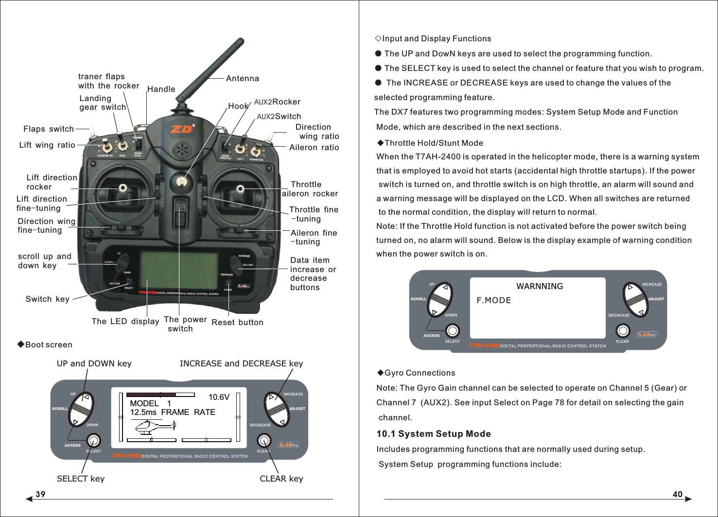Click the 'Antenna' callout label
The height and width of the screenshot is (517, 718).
pos(242,79)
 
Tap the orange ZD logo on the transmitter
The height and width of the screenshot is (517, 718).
pos(182,129)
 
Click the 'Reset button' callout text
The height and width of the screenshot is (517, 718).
pos(237,323)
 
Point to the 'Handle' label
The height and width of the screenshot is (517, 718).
pos(161,89)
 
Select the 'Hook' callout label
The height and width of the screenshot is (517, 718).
pos(238,106)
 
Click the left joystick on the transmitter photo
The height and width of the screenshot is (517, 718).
pos(123,188)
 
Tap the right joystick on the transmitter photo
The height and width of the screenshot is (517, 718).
pos(240,189)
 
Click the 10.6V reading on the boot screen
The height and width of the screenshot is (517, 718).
pos(219,397)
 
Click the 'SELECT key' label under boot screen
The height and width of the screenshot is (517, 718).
pos(81,479)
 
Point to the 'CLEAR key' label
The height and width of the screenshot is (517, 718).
pos(281,479)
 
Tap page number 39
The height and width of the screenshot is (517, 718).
pos(40,494)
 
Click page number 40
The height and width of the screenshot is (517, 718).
pos(677,494)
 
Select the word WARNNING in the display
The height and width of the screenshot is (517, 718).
pos(540,287)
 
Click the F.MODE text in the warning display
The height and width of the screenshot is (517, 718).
pos(494,301)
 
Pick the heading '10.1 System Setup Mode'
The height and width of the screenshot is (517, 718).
pos(434,434)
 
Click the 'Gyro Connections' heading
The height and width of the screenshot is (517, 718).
pos(420,373)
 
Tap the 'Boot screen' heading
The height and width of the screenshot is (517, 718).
pos(49,345)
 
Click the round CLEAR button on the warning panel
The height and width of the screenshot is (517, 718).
pos(623,331)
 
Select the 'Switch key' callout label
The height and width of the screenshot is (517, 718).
pos(48,299)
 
